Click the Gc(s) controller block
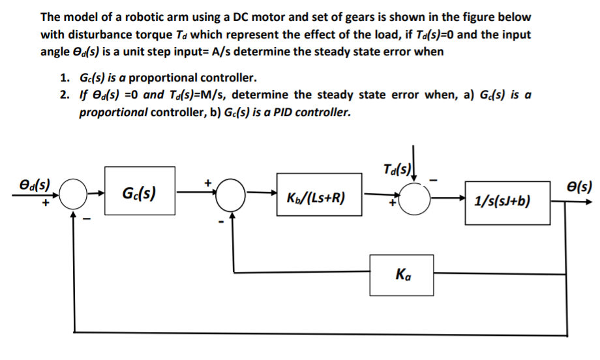click(137, 194)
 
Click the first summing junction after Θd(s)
click(77, 194)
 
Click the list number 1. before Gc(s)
click(65, 77)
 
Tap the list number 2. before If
click(65, 95)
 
